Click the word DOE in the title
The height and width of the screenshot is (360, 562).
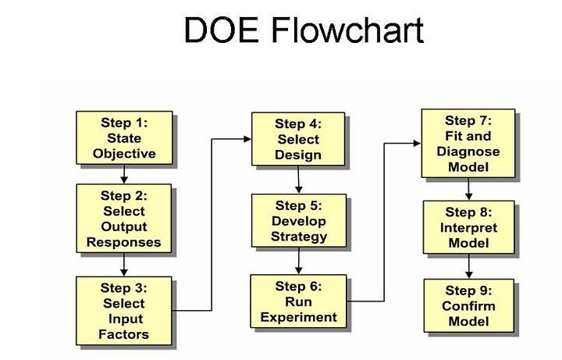[221, 30]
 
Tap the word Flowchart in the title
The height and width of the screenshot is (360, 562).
[347, 30]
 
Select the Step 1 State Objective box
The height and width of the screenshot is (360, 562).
[124, 137]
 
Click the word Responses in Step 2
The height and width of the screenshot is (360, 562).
[123, 242]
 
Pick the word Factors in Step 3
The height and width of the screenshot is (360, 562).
[123, 334]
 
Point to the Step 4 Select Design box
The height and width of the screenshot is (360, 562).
[298, 139]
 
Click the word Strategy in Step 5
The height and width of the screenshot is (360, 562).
[299, 237]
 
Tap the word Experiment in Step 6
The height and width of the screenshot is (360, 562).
[298, 317]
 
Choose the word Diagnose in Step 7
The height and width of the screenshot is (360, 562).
[468, 151]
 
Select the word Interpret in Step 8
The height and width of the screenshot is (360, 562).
[468, 228]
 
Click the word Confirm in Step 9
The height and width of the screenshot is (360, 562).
[468, 306]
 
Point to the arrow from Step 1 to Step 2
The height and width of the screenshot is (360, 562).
[124, 174]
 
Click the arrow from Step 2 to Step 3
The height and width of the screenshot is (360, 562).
[124, 265]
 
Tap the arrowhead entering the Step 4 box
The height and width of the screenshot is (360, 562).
[247, 139]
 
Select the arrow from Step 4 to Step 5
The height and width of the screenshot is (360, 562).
[298, 180]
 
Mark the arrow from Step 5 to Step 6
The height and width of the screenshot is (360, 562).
[298, 261]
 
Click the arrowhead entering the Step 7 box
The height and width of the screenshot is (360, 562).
[417, 144]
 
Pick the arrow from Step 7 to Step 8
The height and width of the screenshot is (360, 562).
[468, 189]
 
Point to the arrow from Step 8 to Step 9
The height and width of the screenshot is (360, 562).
[469, 266]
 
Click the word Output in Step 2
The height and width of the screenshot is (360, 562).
[124, 226]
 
